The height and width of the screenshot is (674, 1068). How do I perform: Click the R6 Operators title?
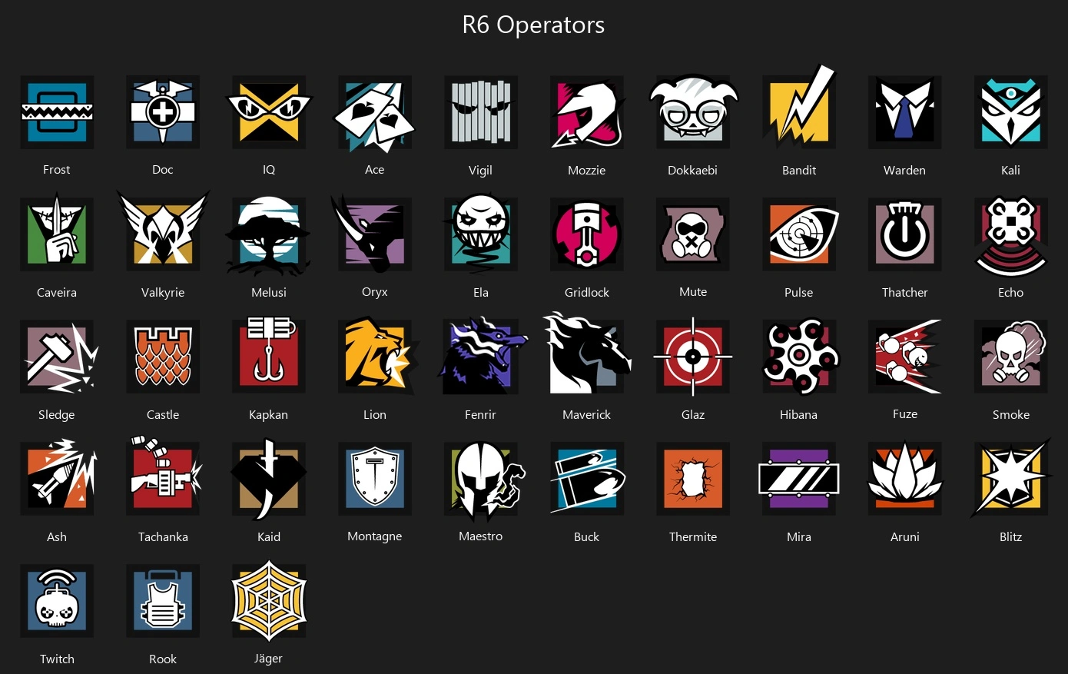(533, 25)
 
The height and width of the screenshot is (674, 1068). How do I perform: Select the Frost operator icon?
(57, 112)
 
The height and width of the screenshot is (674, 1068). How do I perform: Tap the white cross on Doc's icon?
(163, 112)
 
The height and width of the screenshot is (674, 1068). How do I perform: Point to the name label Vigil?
(480, 171)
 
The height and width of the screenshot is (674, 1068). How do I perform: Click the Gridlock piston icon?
(587, 234)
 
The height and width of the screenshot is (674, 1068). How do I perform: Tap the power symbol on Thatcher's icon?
(905, 234)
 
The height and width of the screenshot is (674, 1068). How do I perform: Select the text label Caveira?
(57, 293)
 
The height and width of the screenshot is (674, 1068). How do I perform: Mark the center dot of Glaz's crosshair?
(693, 357)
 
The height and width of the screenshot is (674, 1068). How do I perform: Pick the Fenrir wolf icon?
(481, 357)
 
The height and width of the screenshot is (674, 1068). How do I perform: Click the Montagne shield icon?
(375, 478)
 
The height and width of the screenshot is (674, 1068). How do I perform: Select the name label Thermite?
(693, 537)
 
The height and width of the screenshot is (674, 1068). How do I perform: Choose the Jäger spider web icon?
(269, 601)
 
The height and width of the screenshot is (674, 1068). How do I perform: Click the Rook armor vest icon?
(163, 601)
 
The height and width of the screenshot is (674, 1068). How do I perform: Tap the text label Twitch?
(57, 659)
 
